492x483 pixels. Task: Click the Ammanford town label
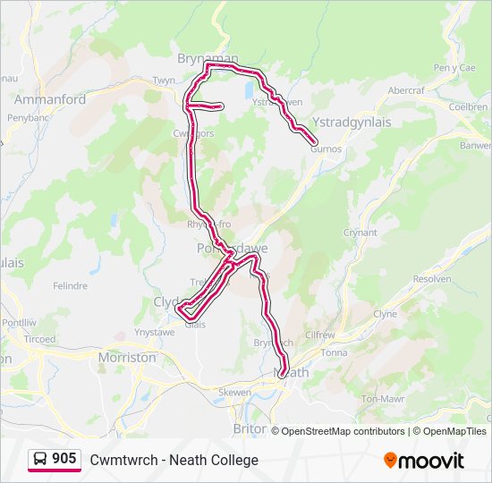point(50,99)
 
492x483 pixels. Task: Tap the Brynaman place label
point(208,57)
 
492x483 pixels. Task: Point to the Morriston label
point(126,357)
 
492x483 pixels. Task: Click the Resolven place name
point(433,279)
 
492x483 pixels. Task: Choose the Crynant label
point(361,233)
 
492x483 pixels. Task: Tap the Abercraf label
point(405,90)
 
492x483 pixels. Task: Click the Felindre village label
point(70,286)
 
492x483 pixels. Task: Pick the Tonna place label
point(334,352)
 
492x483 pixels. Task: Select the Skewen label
point(234,392)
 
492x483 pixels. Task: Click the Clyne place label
point(385,314)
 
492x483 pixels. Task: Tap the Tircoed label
point(39,340)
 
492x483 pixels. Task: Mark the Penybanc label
point(26,117)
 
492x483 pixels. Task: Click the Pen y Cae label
point(454,68)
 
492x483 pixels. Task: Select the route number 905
point(64,459)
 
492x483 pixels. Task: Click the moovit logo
point(424,460)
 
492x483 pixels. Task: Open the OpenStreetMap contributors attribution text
point(342,431)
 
